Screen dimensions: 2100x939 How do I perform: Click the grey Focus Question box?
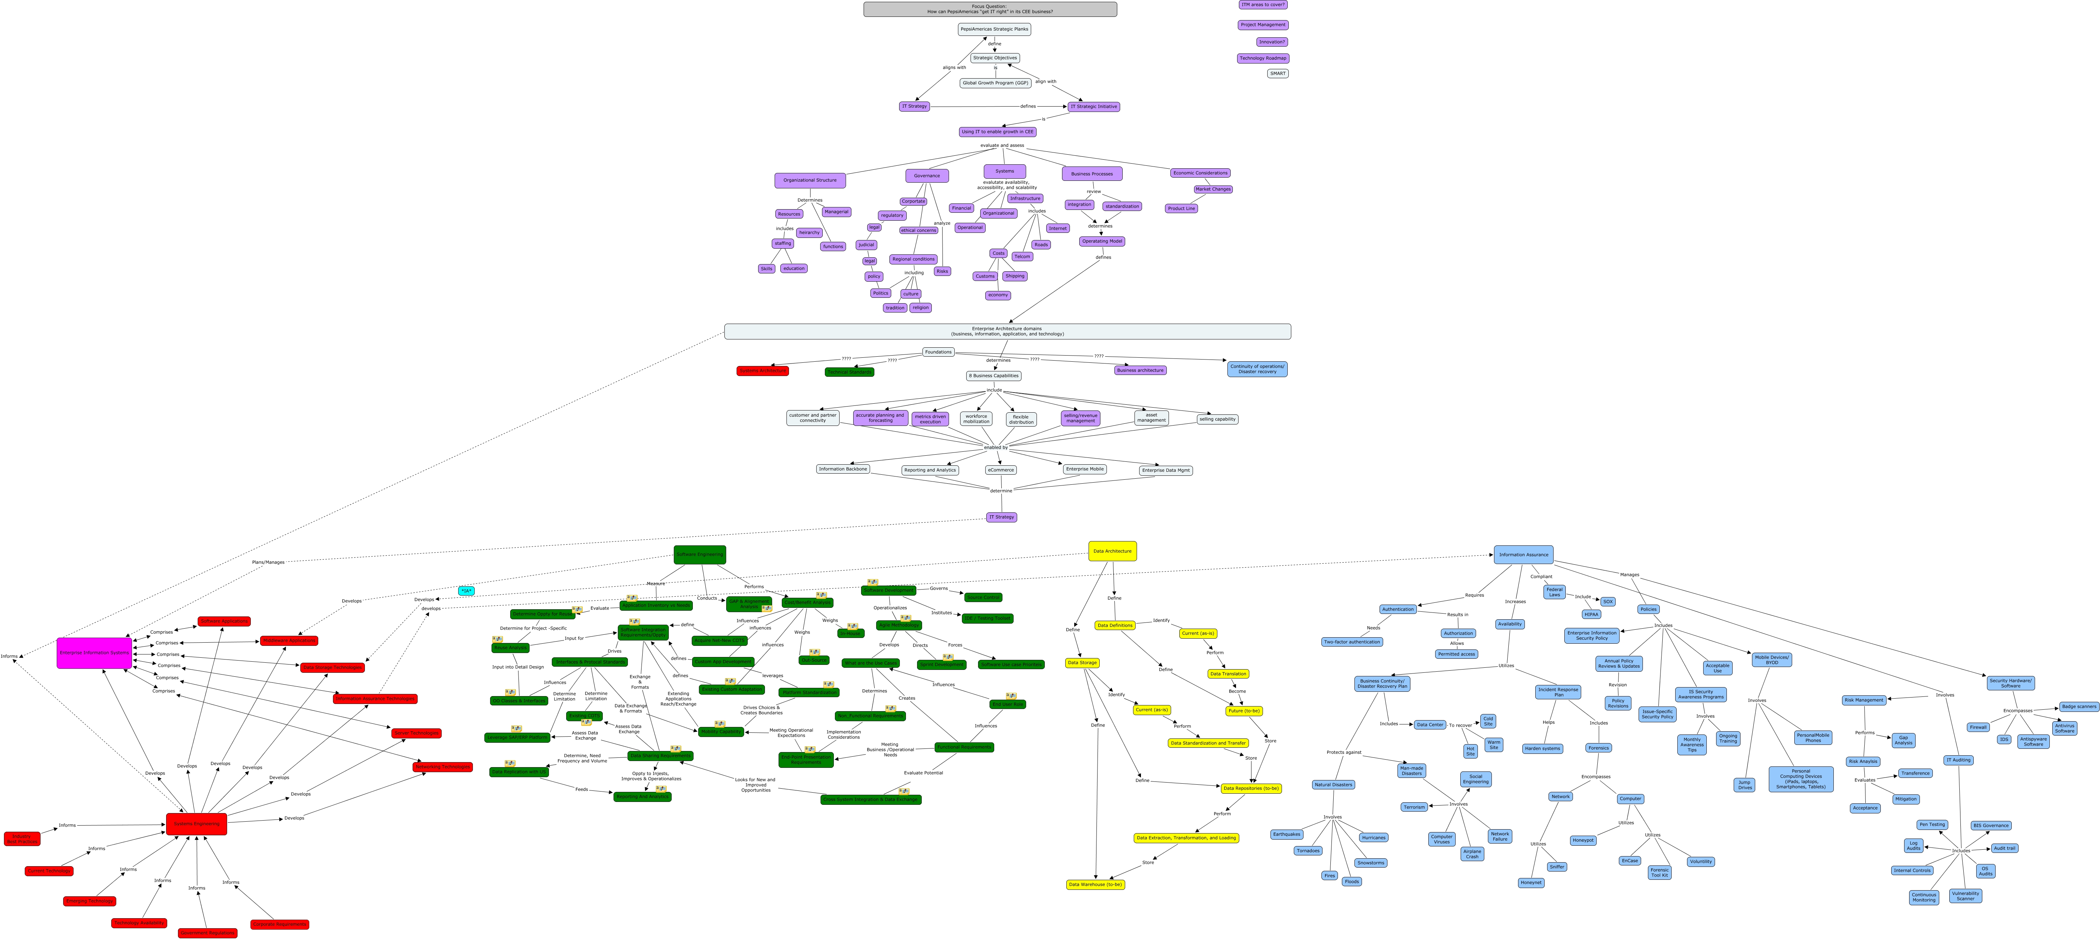click(x=990, y=9)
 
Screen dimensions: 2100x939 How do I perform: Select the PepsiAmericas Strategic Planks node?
click(x=994, y=29)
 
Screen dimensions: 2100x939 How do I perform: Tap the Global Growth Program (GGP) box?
click(x=995, y=83)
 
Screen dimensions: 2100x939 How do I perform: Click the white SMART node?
click(x=1277, y=73)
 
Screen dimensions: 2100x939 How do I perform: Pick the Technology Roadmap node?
click(x=1263, y=58)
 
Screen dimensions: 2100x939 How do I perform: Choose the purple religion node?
click(x=920, y=308)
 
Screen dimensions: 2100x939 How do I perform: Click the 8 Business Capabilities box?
click(x=994, y=376)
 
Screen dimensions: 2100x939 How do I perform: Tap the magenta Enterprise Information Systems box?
click(x=94, y=653)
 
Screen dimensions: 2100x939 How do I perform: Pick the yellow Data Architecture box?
click(x=1112, y=551)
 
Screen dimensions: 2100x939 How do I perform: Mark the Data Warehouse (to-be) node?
click(x=1095, y=884)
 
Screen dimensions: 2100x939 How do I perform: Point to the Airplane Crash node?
click(x=1471, y=853)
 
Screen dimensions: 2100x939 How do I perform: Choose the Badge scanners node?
click(x=2079, y=707)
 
